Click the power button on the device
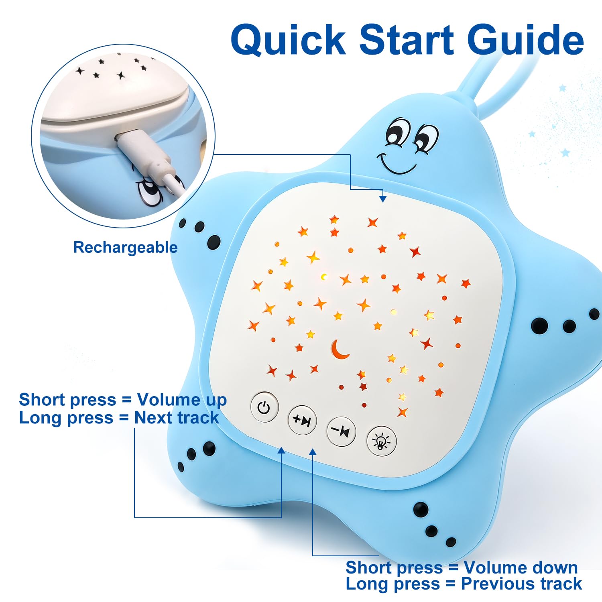[x=264, y=407]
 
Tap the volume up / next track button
[x=302, y=420]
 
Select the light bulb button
[x=381, y=441]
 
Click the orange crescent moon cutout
[x=340, y=349]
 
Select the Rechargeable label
[x=125, y=248]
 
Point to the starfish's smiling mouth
[x=395, y=163]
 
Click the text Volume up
[x=182, y=400]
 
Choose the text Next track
[x=177, y=418]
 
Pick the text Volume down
[x=521, y=567]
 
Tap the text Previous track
[x=521, y=584]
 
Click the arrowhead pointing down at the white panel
[x=383, y=198]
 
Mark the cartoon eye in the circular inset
[x=149, y=193]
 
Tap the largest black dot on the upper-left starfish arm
[x=214, y=242]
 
